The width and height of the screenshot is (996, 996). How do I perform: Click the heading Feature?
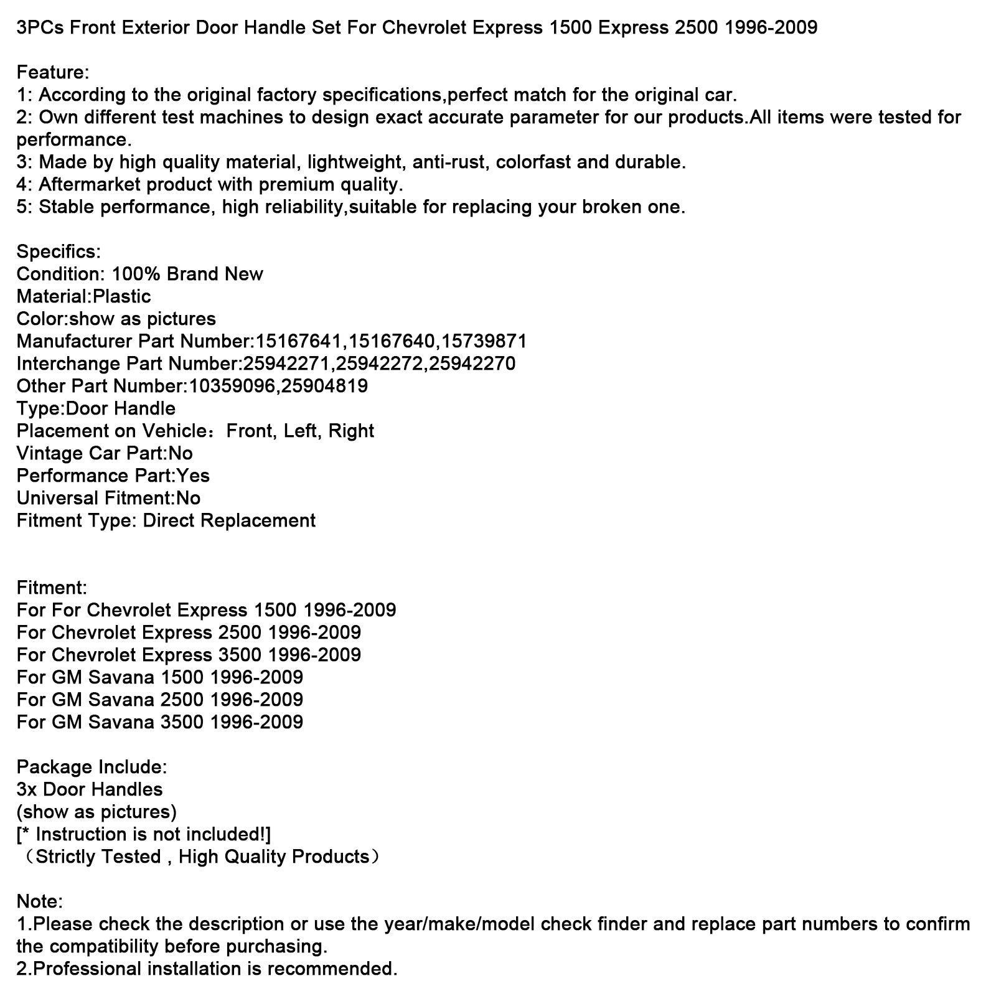[53, 73]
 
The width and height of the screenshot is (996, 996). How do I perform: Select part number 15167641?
[299, 342]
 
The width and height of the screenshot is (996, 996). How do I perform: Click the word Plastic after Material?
[121, 297]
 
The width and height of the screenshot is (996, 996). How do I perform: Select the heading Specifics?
[59, 252]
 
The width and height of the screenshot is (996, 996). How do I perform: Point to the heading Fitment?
[52, 588]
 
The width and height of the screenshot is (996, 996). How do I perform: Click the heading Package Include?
[92, 768]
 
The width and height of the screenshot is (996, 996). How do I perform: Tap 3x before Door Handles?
[27, 790]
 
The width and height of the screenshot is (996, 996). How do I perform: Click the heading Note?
[40, 902]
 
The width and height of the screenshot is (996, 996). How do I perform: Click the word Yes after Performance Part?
[193, 476]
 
